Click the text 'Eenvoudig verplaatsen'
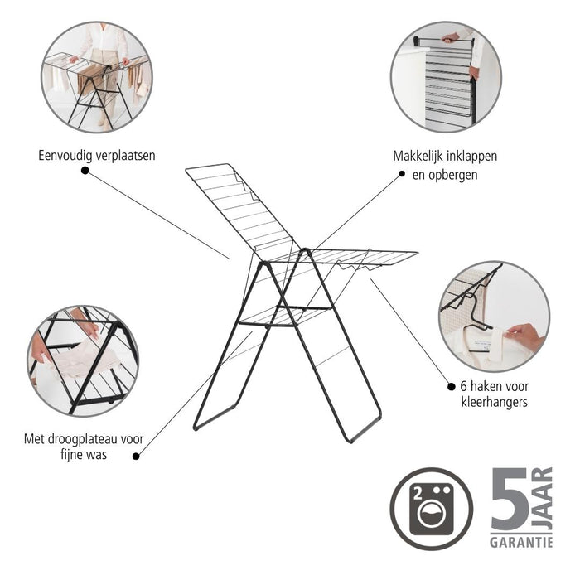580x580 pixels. (x=96, y=155)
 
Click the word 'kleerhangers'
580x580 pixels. (x=494, y=403)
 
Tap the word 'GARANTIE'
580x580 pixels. (x=521, y=543)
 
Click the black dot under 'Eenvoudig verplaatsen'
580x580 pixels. (x=84, y=171)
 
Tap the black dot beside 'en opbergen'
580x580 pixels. (x=403, y=174)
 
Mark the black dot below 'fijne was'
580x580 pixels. (x=137, y=454)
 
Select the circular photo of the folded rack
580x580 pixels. (x=445, y=77)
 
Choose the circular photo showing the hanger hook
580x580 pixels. (x=494, y=316)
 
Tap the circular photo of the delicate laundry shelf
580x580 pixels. (x=83, y=360)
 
